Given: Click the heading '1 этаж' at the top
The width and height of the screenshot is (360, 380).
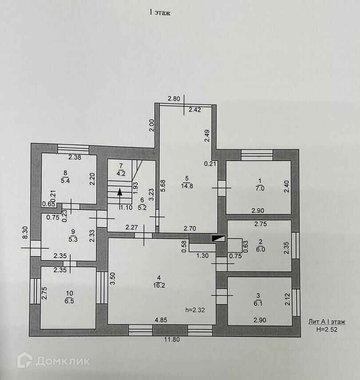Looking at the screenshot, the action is pyautogui.click(x=160, y=13).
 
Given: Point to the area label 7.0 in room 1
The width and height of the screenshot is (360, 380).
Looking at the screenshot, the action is pyautogui.click(x=261, y=188).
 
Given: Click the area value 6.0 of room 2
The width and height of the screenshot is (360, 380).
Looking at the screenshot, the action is pyautogui.click(x=261, y=249).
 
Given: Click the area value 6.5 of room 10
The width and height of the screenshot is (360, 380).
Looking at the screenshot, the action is pyautogui.click(x=69, y=300).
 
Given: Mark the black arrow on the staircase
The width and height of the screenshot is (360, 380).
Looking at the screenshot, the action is pyautogui.click(x=119, y=192).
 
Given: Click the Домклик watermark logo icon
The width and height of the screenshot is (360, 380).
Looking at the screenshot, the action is pyautogui.click(x=24, y=360).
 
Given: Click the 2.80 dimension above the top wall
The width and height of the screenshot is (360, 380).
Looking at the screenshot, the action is pyautogui.click(x=174, y=99).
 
